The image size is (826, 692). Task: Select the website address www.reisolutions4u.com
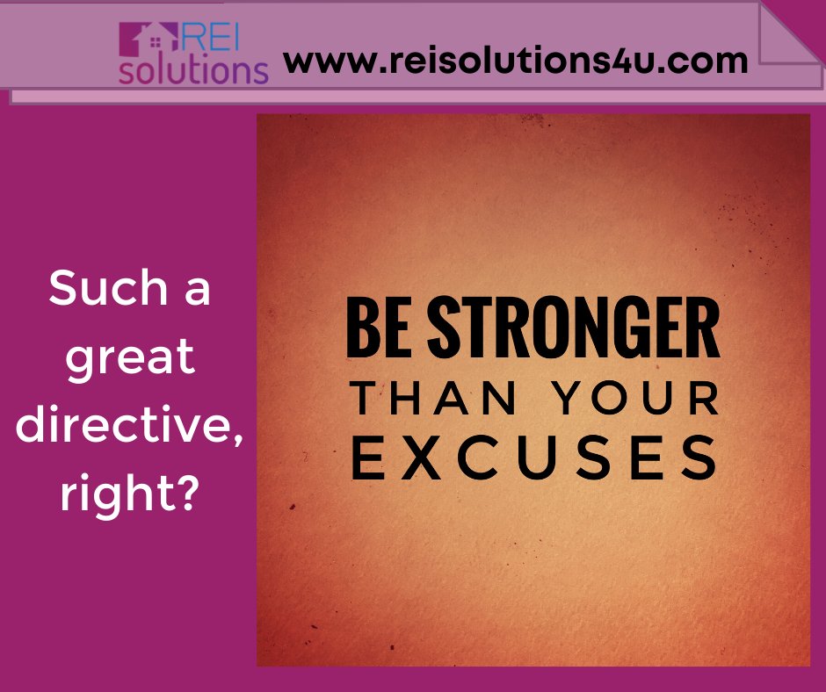tap(515, 61)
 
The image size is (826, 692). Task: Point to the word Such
tap(95, 289)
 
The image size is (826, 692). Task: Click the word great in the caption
tap(129, 357)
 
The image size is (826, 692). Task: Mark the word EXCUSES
tap(534, 457)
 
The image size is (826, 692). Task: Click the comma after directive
tap(238, 436)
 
